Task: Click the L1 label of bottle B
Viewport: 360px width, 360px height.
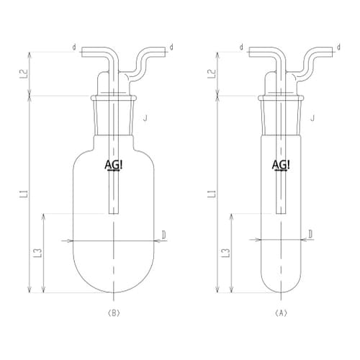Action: pyautogui.click(x=26, y=194)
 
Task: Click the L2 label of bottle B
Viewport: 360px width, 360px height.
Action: pyautogui.click(x=26, y=73)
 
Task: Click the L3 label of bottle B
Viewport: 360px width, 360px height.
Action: pyautogui.click(x=40, y=253)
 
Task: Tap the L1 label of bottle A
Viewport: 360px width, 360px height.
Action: pyautogui.click(x=214, y=194)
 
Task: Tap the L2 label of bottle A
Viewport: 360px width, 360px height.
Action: pyautogui.click(x=213, y=73)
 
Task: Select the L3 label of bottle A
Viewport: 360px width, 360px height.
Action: pyautogui.click(x=228, y=253)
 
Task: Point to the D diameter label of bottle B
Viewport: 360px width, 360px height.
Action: pyautogui.click(x=163, y=235)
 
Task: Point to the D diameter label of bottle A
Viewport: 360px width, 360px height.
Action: pyautogui.click(x=310, y=234)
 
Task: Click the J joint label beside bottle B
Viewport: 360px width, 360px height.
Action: pyautogui.click(x=145, y=118)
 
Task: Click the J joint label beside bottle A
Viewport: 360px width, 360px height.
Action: pyautogui.click(x=312, y=118)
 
